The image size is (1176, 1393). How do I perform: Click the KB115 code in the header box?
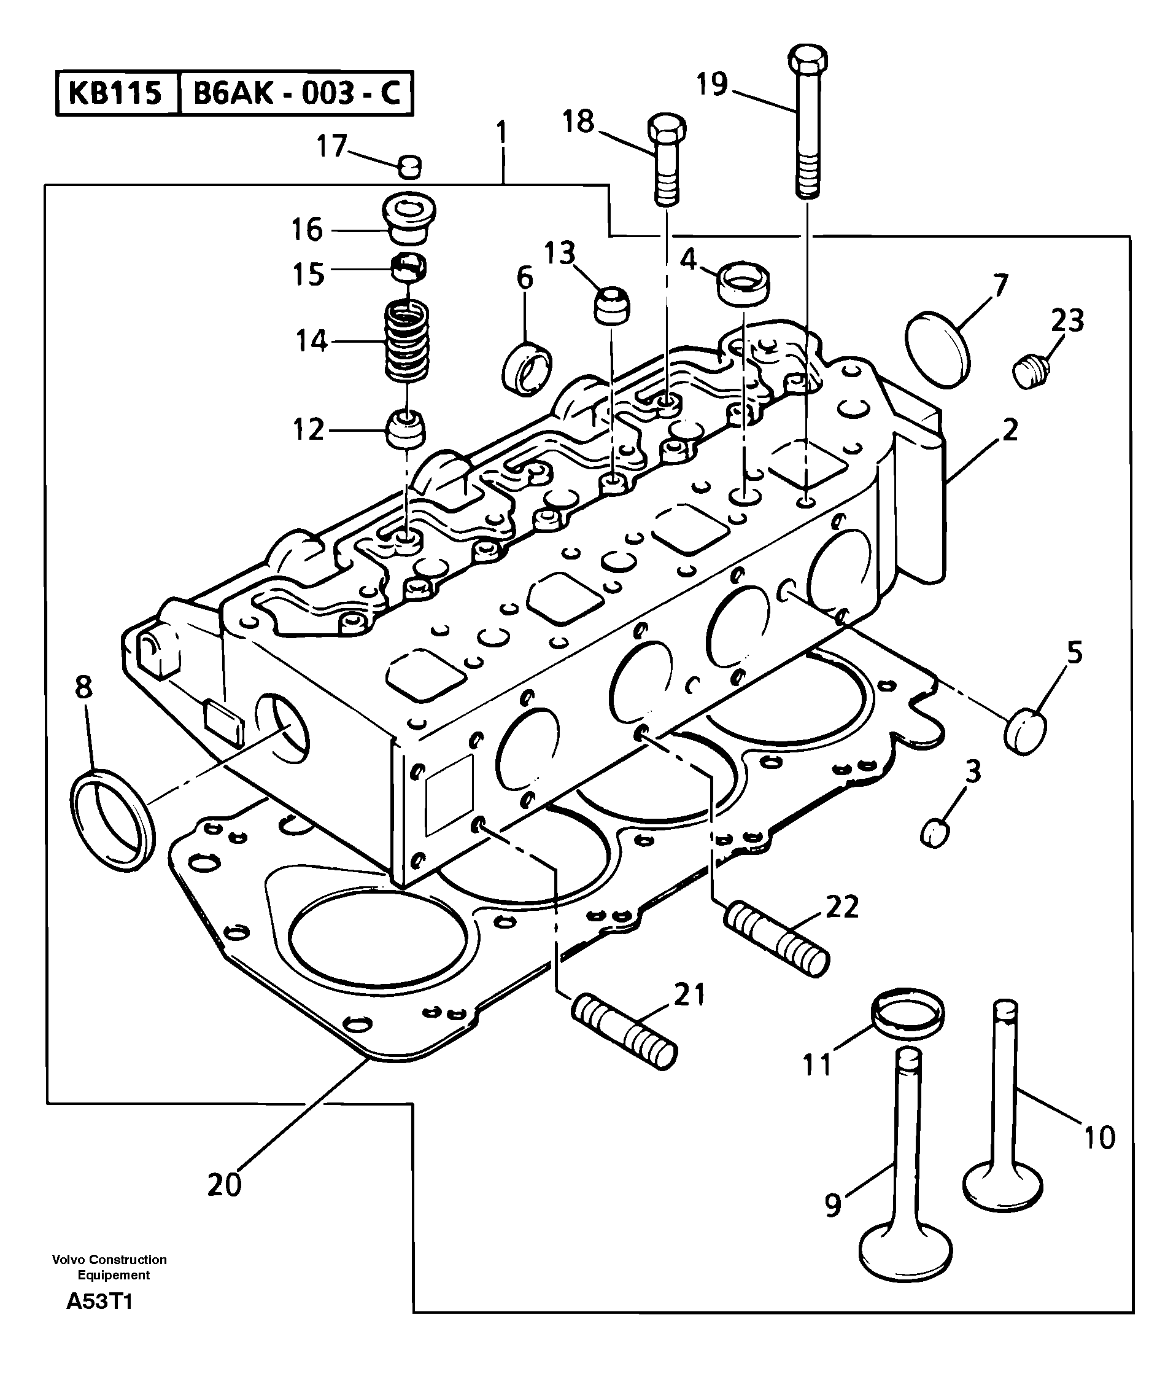point(115,93)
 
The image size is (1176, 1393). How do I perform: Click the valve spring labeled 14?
point(407,341)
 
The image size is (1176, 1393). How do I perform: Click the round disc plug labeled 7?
point(938,348)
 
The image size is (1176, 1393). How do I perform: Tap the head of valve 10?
point(1003,1185)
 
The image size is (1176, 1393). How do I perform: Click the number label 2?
point(1010,431)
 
